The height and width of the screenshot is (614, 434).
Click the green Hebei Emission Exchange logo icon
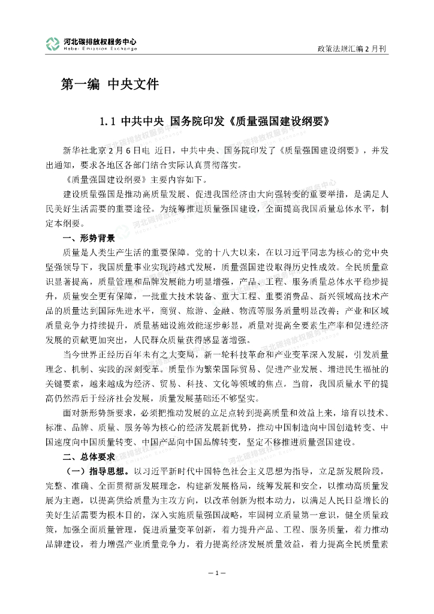(53, 44)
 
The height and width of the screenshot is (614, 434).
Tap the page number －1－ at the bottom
(217, 574)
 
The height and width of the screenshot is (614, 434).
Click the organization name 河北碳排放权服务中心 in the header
(100, 41)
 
